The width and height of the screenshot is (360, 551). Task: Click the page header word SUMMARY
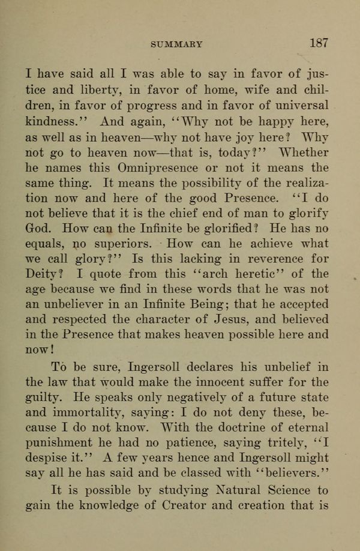pyautogui.click(x=176, y=44)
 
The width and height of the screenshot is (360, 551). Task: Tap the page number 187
pyautogui.click(x=319, y=43)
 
